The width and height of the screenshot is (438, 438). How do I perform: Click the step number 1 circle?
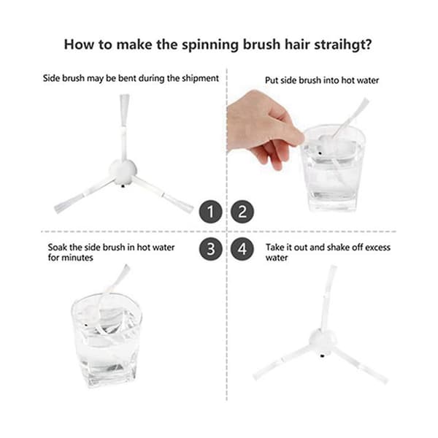(x=211, y=212)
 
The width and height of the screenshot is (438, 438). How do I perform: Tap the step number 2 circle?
(x=242, y=212)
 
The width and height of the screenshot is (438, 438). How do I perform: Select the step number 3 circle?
(x=211, y=249)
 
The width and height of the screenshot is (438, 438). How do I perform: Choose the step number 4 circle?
(x=242, y=249)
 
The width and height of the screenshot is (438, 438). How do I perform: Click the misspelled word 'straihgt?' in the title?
(x=343, y=45)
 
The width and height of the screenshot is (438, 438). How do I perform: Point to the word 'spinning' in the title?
(x=210, y=45)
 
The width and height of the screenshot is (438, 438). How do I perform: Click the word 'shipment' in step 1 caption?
(x=200, y=78)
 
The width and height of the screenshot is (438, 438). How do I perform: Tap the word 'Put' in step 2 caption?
(x=272, y=80)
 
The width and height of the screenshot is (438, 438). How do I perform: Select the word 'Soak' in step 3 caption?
(x=57, y=247)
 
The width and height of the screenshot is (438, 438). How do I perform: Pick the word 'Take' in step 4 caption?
(x=275, y=247)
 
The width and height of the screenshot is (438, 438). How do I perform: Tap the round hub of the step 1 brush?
(x=123, y=172)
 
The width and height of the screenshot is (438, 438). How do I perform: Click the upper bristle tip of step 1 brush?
(x=125, y=96)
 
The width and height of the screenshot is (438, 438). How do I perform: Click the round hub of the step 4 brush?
(x=323, y=343)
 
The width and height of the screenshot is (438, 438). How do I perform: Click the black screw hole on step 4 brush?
(x=322, y=356)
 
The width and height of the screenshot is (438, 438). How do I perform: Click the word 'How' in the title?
(x=79, y=45)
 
